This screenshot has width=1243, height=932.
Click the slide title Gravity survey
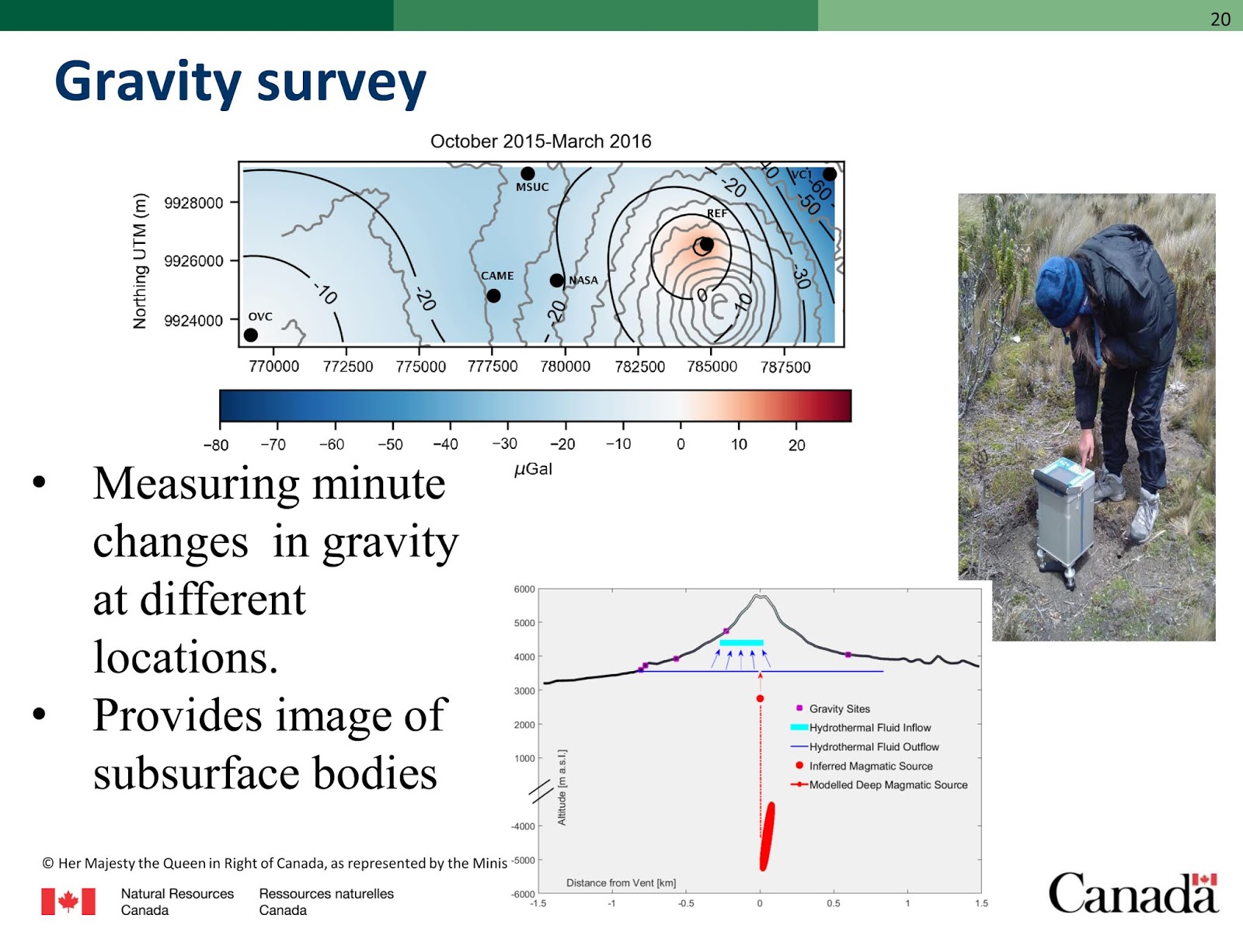pos(240,82)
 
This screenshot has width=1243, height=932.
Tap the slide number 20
pos(1220,19)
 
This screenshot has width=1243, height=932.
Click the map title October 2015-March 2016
pos(541,141)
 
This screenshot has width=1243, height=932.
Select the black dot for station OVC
pos(250,335)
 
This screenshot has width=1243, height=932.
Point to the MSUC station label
pos(532,187)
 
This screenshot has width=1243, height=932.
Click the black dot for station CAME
pos(493,296)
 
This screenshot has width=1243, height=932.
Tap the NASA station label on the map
pos(583,280)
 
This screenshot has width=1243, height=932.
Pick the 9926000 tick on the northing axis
pos(193,261)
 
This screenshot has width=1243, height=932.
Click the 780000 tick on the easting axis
pos(565,367)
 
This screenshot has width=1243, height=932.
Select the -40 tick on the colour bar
pos(445,444)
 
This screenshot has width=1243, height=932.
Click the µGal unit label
pos(533,469)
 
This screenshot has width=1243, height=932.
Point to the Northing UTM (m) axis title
pos(140,261)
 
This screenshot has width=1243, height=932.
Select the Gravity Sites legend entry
pos(839,708)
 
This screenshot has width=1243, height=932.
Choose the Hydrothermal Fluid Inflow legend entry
pos(869,728)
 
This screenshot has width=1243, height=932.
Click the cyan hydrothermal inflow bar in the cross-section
pos(741,642)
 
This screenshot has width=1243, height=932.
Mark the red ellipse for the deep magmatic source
pos(767,836)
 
